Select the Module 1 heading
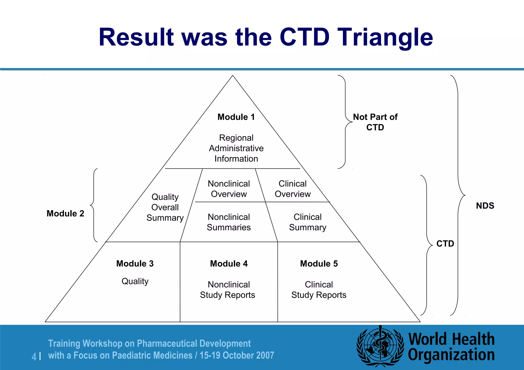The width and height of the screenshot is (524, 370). coord(236,117)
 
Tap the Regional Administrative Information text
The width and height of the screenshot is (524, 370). coord(236,148)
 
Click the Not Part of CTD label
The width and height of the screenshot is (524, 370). coord(375,122)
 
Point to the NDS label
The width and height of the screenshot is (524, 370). coord(485,206)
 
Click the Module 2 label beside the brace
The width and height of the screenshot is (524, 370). coord(65,213)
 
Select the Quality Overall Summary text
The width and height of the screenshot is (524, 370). coord(165,207)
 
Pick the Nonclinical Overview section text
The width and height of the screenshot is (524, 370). coord(229,189)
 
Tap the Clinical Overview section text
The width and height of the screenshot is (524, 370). coord(292,189)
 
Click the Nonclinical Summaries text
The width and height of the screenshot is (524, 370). coord(229,222)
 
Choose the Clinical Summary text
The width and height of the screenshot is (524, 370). coord(308,222)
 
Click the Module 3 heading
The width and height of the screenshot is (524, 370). coord(135,264)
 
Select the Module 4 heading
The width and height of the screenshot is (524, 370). coord(229,264)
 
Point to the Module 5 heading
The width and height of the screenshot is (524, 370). coord(319,264)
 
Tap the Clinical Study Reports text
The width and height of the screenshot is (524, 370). coord(319,290)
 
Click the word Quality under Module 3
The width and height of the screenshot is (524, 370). coord(135,281)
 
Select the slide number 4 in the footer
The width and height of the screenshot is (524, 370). coord(34,356)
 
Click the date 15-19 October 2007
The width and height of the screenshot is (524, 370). coord(237,355)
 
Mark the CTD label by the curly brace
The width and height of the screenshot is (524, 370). coord(445,243)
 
